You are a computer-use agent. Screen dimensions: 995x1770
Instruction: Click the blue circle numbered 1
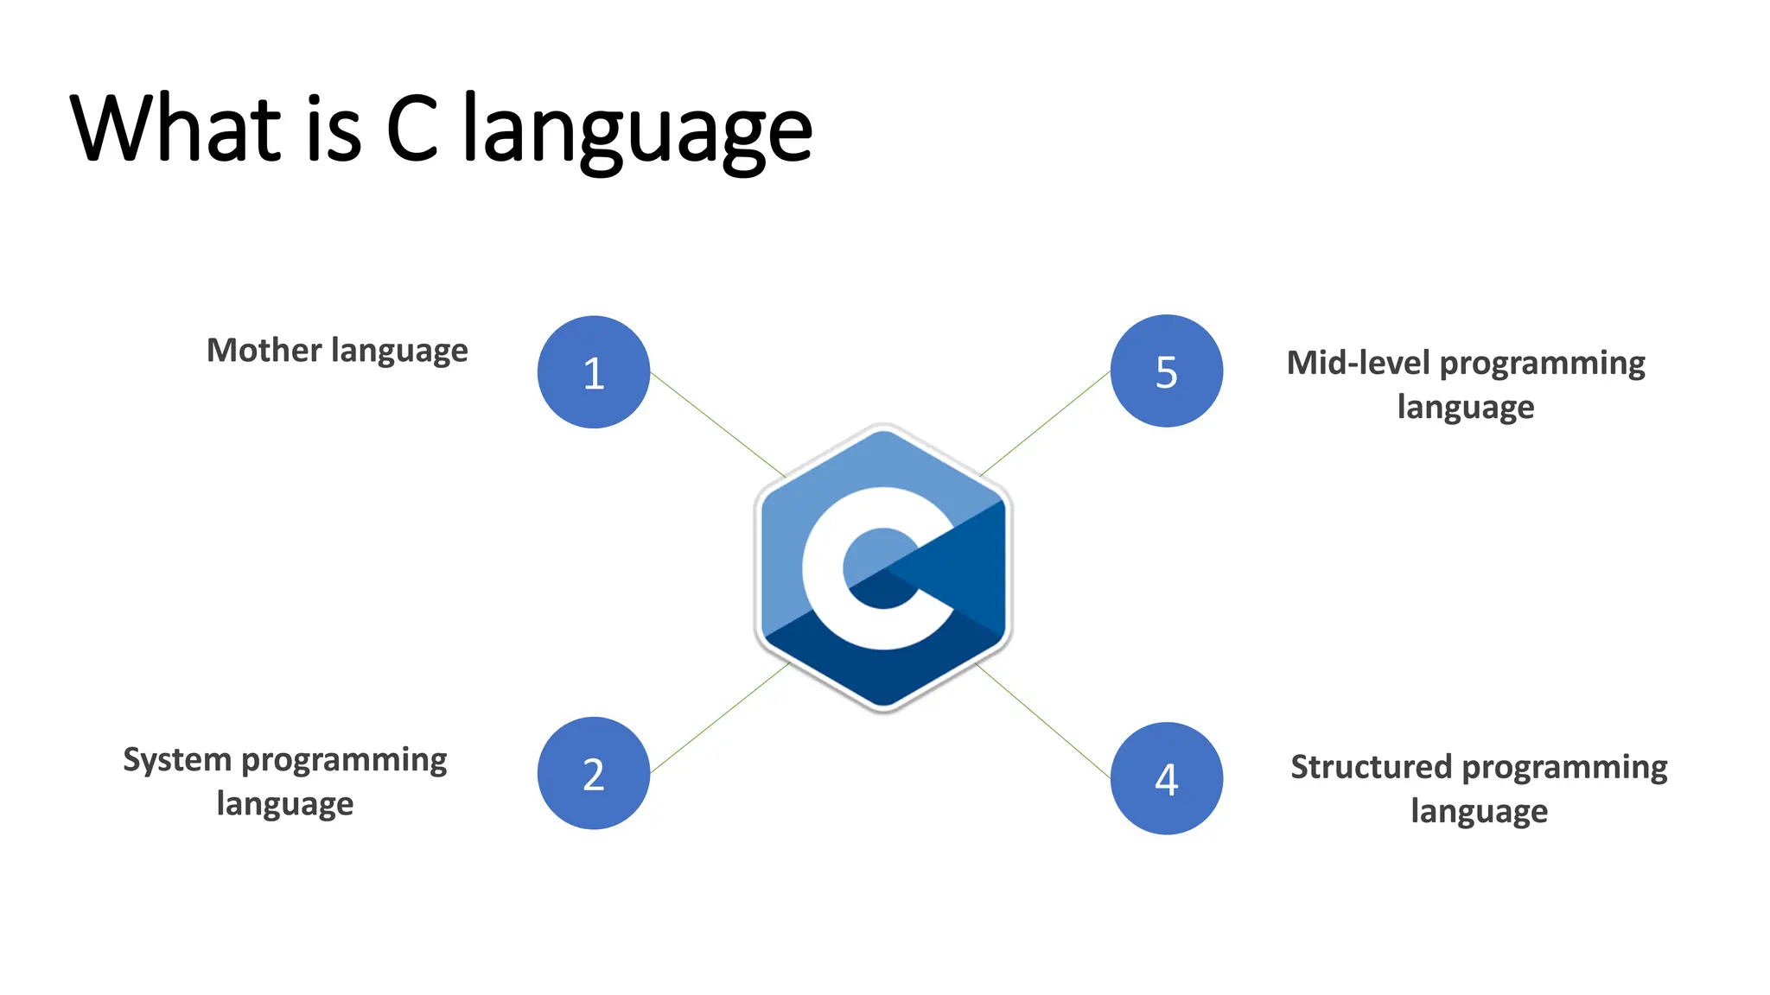click(593, 372)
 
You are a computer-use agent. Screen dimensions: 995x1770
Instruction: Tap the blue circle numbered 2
click(593, 773)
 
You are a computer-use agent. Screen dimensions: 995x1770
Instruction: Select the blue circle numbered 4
click(1166, 778)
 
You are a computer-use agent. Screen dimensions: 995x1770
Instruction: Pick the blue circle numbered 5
click(1166, 371)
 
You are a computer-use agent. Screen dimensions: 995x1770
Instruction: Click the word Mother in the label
click(264, 351)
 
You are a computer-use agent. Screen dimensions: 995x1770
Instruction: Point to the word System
click(177, 761)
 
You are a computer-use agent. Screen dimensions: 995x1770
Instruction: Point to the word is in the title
click(334, 130)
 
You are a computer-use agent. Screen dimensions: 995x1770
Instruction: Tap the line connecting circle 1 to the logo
click(717, 424)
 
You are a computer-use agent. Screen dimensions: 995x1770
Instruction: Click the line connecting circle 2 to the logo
click(720, 718)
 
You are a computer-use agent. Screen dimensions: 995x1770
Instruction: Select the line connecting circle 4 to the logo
click(1044, 722)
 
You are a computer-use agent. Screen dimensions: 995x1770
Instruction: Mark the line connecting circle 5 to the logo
click(1046, 423)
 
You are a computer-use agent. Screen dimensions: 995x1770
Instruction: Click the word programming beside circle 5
click(1542, 364)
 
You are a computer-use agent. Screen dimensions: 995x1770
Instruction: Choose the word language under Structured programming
click(1479, 812)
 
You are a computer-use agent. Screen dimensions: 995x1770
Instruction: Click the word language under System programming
click(284, 804)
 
